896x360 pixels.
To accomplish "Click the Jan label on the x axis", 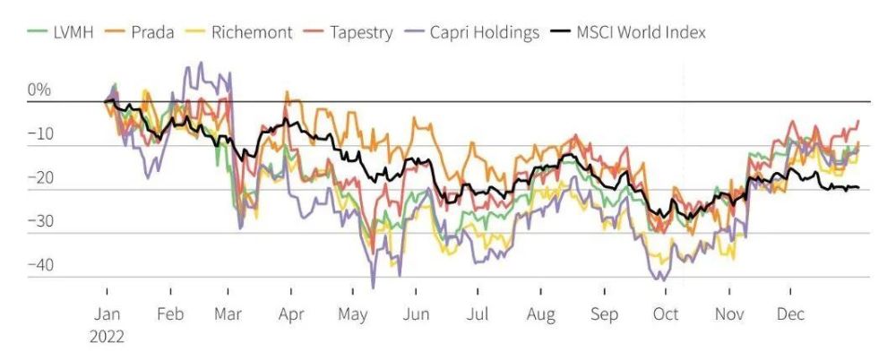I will coord(107,316).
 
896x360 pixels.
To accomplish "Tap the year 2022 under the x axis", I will coord(107,337).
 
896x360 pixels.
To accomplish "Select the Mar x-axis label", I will coord(228,316).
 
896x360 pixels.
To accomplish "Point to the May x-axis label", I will coord(353,316).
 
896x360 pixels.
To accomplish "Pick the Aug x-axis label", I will coord(540,316).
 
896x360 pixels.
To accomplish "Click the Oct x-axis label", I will coord(665,316).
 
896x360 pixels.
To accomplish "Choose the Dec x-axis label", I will coord(790,316).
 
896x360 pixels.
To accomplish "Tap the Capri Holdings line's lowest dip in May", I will coord(373,287).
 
